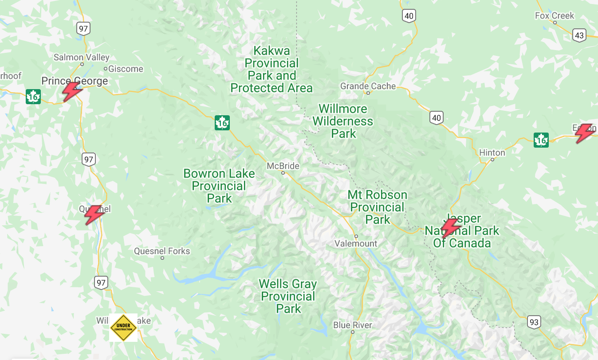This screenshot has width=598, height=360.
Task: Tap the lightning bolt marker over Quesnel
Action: (94, 215)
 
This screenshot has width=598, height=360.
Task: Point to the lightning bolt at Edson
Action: (585, 133)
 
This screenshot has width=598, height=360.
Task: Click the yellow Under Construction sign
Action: (123, 328)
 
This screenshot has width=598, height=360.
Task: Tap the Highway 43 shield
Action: (579, 35)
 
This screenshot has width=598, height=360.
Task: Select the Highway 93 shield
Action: (534, 322)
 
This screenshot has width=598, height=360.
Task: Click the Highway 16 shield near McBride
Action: (222, 123)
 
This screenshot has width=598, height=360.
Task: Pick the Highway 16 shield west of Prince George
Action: (33, 96)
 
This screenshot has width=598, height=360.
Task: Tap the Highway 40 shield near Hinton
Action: (437, 117)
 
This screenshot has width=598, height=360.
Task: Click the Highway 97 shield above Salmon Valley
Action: (83, 29)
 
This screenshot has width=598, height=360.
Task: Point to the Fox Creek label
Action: (555, 16)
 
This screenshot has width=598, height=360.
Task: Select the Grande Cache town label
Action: (368, 86)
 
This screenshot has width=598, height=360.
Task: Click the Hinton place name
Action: (492, 153)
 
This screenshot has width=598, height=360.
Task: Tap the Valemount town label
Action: (356, 243)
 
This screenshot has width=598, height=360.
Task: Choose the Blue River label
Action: (353, 325)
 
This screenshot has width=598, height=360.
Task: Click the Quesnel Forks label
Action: (162, 251)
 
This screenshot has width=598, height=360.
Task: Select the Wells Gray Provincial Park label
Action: (288, 296)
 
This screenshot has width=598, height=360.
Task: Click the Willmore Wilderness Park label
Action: (343, 121)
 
